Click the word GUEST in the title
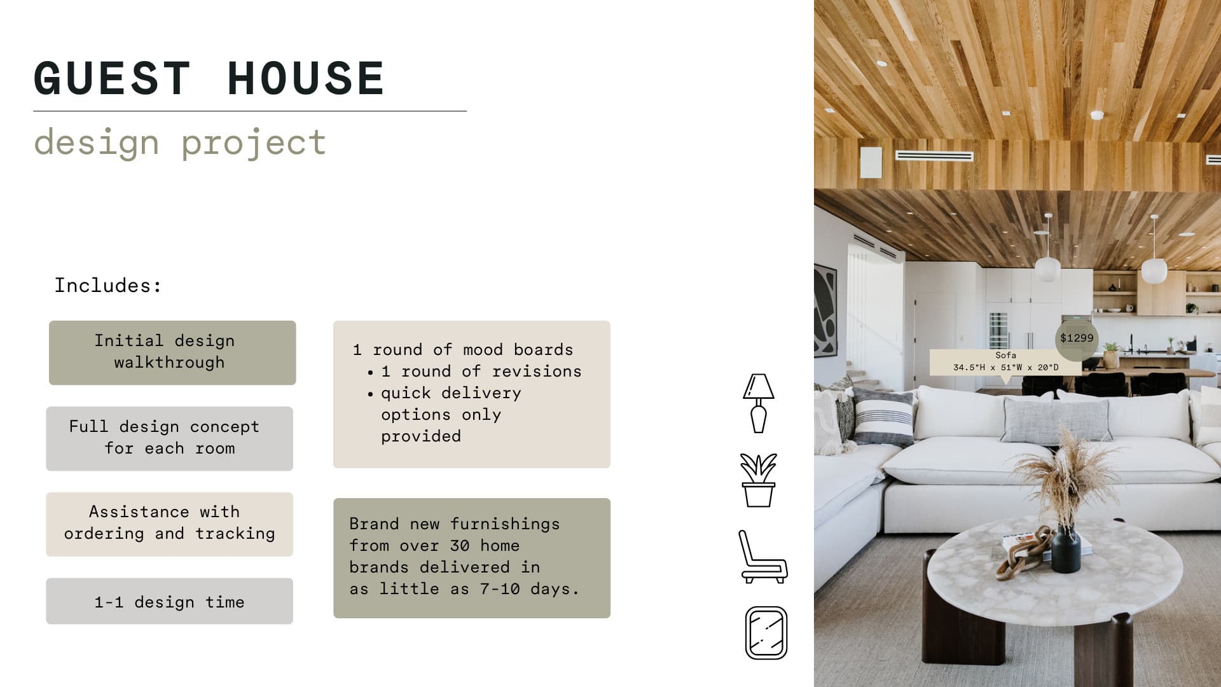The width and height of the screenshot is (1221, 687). click(112, 79)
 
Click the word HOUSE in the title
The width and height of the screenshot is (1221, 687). click(306, 79)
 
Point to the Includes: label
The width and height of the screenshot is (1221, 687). click(108, 285)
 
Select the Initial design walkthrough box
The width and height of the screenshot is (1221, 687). click(172, 352)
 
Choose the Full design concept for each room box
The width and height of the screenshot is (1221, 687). click(169, 438)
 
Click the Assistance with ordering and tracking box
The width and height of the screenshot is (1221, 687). click(169, 524)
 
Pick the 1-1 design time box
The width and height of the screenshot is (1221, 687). click(169, 601)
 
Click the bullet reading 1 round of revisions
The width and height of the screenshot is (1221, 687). click(481, 371)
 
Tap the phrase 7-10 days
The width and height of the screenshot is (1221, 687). click(529, 589)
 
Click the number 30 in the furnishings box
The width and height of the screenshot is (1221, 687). click(460, 546)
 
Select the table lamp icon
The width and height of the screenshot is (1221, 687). click(759, 403)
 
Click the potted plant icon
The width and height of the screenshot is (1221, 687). click(759, 480)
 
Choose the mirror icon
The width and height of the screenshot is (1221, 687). click(766, 633)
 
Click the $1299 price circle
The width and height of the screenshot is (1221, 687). click(1077, 338)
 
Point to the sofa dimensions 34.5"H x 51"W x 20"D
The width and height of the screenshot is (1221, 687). click(1006, 368)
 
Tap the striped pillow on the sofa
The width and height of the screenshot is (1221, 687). click(883, 417)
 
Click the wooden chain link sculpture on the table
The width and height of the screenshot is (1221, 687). click(1025, 551)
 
